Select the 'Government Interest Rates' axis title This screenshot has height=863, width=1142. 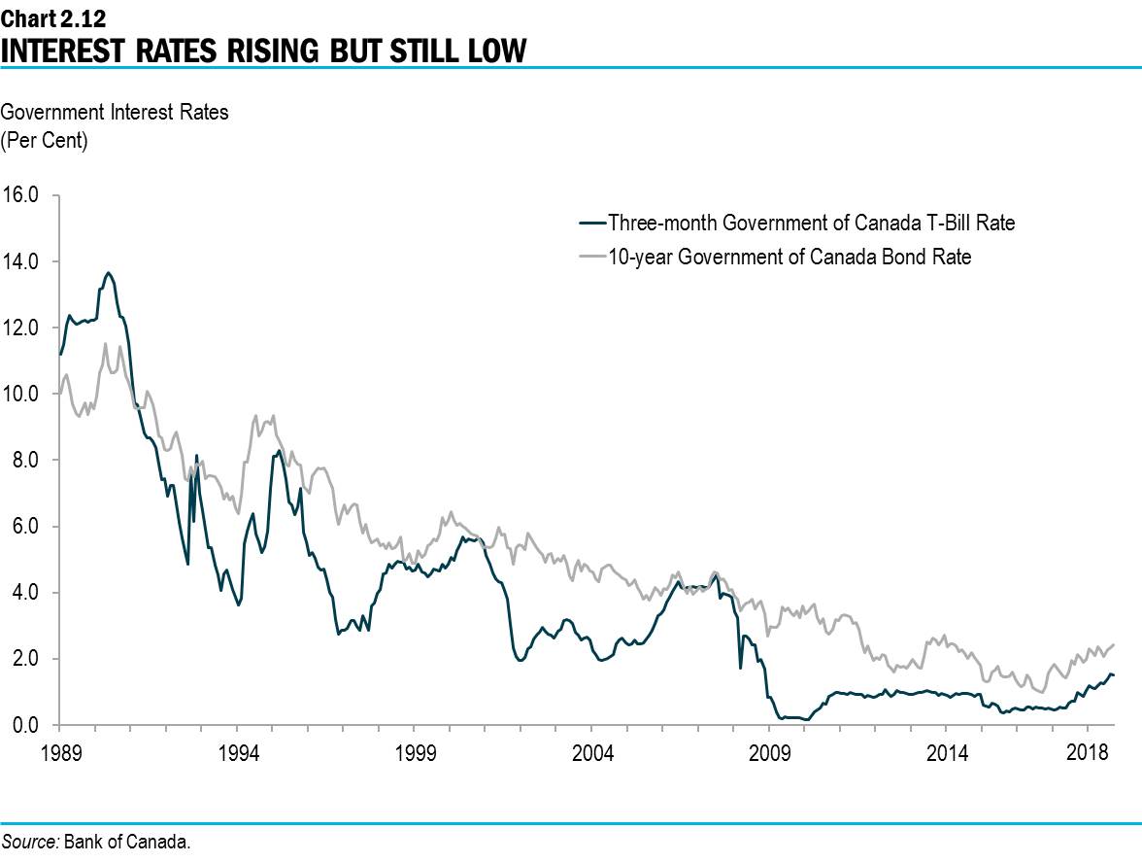115,112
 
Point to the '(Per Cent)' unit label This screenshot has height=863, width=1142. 44,140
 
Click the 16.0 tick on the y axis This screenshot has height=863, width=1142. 21,194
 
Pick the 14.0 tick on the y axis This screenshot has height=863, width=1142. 21,260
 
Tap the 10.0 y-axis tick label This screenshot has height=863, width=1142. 21,394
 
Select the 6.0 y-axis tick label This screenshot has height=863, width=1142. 25,526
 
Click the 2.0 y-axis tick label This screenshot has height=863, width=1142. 25,659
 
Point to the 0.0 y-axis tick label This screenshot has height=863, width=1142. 25,725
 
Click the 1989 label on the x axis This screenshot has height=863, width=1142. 59,752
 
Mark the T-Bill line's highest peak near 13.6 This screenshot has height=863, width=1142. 109,273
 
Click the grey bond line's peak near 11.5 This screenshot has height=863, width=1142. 105,343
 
